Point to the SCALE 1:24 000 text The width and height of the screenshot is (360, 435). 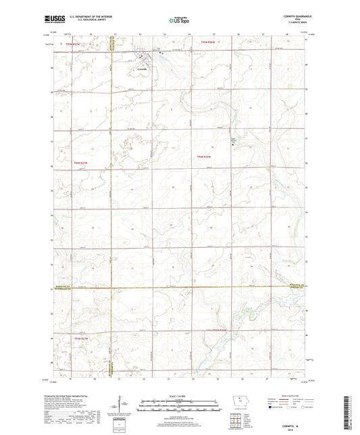tap(180, 395)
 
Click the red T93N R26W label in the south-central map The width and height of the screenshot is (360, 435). tap(221, 330)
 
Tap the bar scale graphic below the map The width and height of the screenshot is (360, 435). tap(180, 407)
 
